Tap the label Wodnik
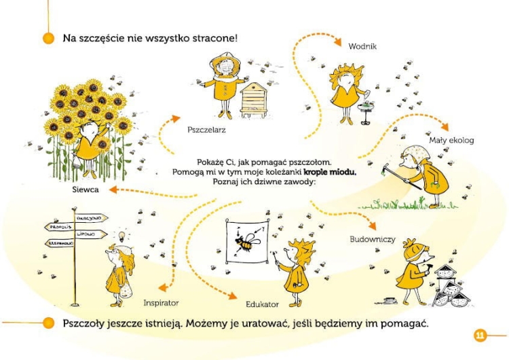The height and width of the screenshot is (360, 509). [x=362, y=46]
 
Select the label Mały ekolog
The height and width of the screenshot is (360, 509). [x=451, y=140]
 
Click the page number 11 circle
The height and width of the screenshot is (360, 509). [x=480, y=335]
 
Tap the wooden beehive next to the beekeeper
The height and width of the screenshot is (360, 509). [x=255, y=98]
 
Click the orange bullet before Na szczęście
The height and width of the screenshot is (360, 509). [x=48, y=38]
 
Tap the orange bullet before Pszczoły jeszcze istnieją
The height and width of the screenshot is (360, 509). [x=48, y=323]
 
